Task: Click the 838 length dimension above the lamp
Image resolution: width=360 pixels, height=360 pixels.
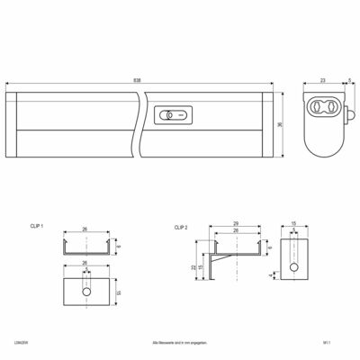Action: [137, 80]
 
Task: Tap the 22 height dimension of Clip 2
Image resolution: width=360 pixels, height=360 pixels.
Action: [195, 267]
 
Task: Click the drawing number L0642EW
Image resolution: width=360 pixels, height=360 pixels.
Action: [18, 343]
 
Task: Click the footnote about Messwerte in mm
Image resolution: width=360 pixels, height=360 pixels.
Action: [180, 343]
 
